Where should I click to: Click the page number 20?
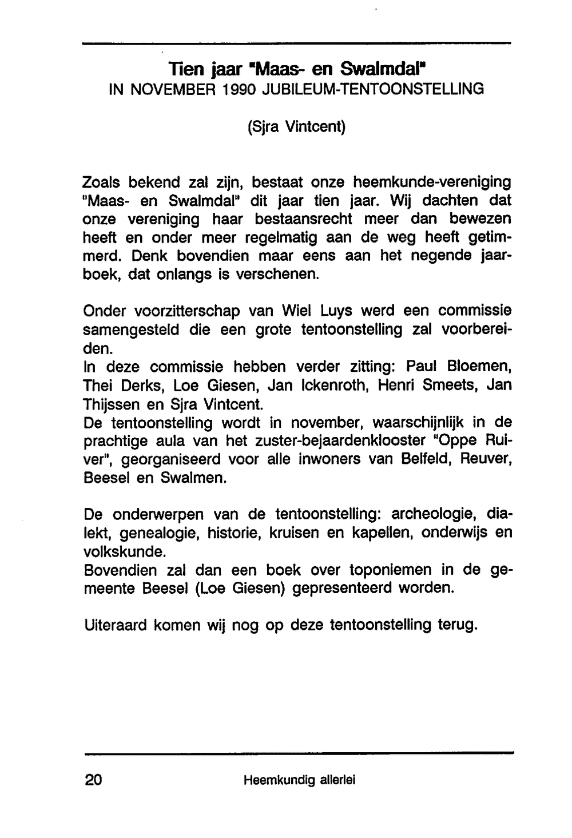(93, 780)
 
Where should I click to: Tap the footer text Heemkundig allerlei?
(299, 780)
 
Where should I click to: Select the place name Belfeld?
(430, 459)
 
